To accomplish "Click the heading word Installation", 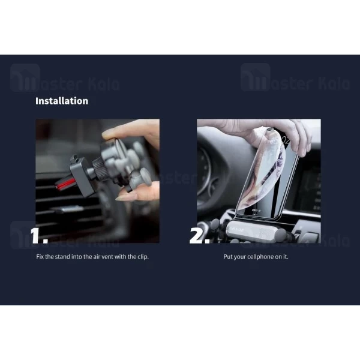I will click(61, 101).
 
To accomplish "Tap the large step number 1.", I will click(40, 235).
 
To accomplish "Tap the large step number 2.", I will click(200, 235).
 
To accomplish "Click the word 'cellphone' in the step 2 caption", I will click(259, 256).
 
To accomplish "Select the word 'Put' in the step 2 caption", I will click(227, 256).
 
